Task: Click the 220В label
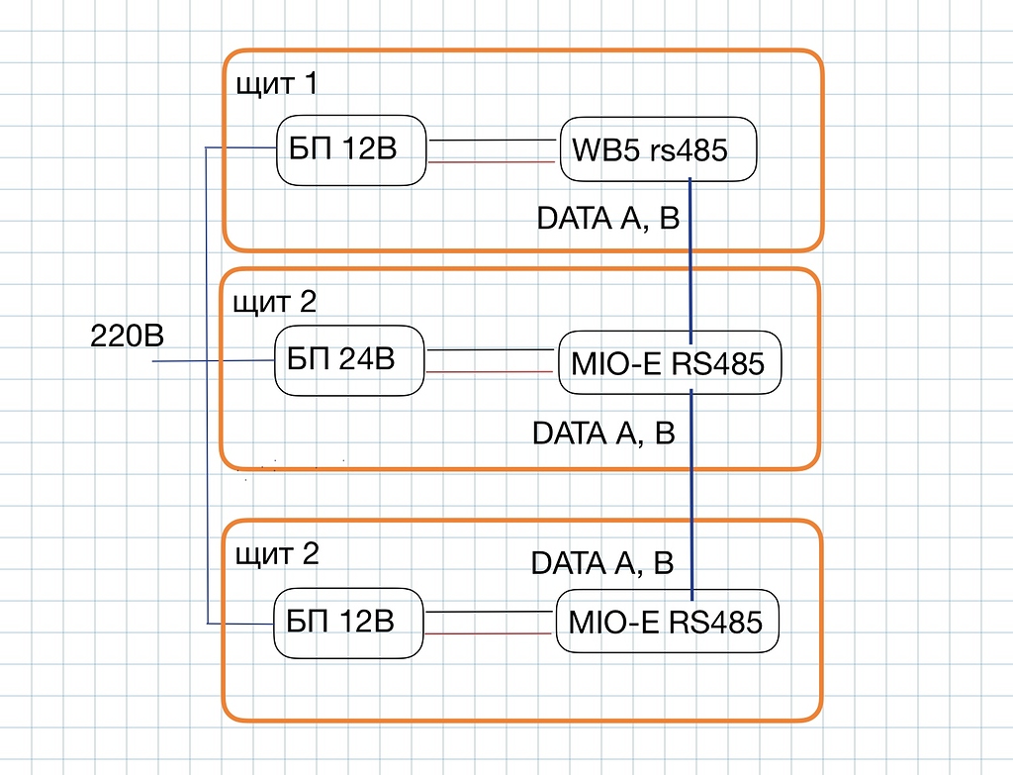[x=127, y=337]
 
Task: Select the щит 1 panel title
[x=276, y=84]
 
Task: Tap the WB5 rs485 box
[x=658, y=151]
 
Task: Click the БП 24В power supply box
[x=349, y=360]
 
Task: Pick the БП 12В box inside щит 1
[x=351, y=151]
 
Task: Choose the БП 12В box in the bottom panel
[x=348, y=622]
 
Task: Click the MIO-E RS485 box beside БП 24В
[x=669, y=363]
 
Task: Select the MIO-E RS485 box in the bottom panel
[x=667, y=622]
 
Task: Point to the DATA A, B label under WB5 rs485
[x=607, y=219]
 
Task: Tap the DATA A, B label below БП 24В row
[x=603, y=434]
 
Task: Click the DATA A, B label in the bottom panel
[x=602, y=563]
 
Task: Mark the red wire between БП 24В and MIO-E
[x=491, y=372]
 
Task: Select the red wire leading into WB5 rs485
[x=493, y=161]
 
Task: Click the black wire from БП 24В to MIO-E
[x=491, y=349]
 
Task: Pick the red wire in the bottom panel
[x=489, y=633]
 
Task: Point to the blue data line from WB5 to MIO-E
[x=690, y=257]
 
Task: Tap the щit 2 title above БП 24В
[x=275, y=301]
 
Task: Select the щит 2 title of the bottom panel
[x=277, y=553]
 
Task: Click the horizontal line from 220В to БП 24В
[x=213, y=361]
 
